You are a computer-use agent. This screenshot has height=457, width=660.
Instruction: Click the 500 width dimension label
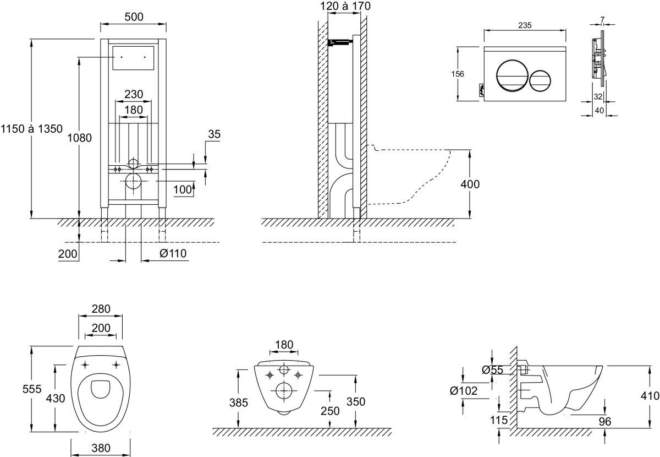point(134,17)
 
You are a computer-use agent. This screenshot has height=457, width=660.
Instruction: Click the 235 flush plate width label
point(525,25)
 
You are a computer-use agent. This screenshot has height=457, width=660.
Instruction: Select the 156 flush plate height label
point(458,74)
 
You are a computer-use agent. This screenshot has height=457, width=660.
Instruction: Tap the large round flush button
point(512,75)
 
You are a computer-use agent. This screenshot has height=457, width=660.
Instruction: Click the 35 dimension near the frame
point(215,134)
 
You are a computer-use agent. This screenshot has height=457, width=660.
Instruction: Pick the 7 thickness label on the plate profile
point(602,20)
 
